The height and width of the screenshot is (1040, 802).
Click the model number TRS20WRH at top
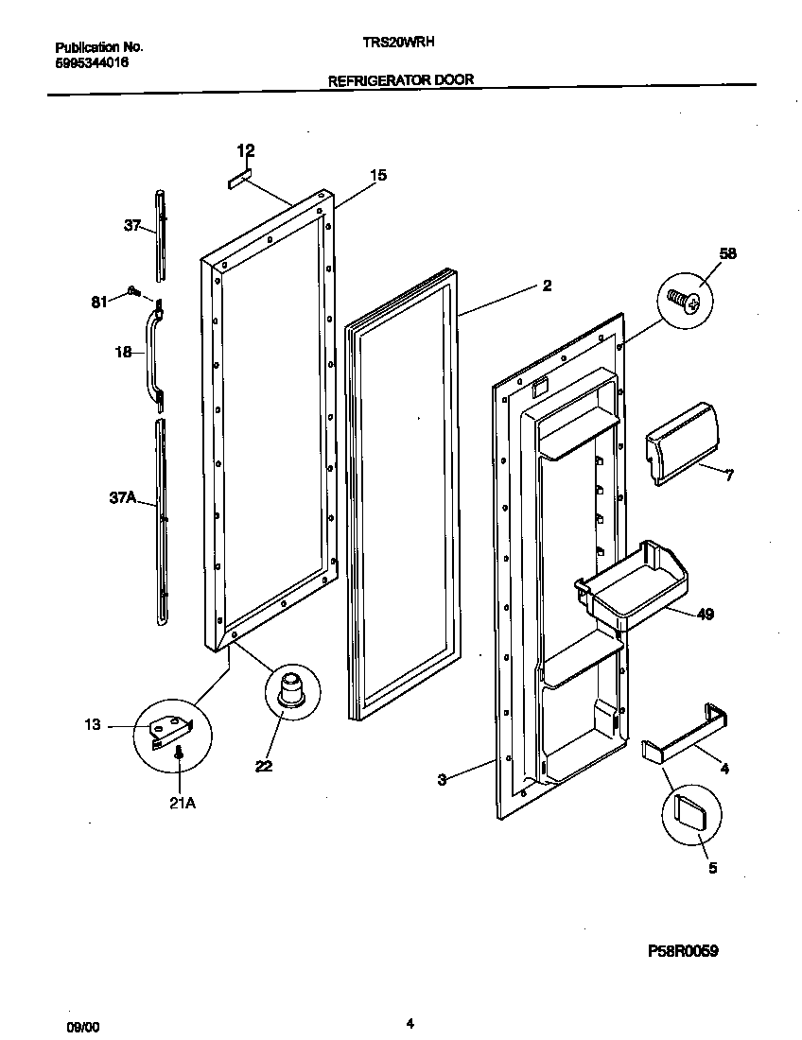tap(400, 42)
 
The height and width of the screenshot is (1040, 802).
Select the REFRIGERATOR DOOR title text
tap(400, 80)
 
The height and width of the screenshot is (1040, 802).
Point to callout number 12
tap(246, 150)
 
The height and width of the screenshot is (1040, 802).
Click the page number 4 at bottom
tap(410, 1023)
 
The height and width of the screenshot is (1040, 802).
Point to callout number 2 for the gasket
tap(547, 286)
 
